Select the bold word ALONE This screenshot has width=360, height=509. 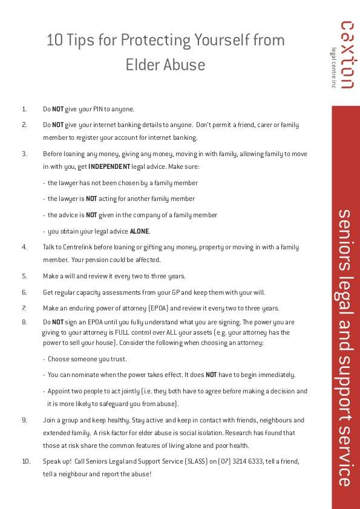click(139, 231)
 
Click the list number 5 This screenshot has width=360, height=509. click(24, 275)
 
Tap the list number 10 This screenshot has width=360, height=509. click(26, 461)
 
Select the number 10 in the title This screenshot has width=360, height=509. click(54, 40)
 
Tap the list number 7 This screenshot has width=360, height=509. click(24, 308)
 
